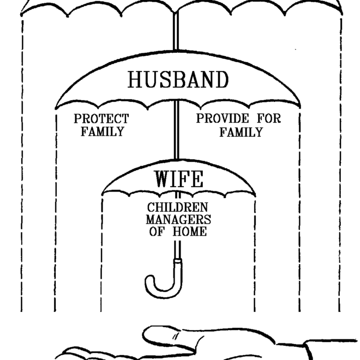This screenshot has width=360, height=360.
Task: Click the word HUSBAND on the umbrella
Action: click(178, 80)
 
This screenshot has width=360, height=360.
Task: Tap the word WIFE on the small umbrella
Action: click(178, 179)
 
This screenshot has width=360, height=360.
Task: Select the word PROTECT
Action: click(102, 118)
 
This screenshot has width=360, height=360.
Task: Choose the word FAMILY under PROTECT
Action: click(102, 131)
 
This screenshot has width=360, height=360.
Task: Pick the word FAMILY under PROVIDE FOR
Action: click(241, 131)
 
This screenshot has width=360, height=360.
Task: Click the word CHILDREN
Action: click(178, 208)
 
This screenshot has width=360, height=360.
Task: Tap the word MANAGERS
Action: click(178, 220)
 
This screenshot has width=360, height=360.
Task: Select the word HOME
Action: click(190, 231)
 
